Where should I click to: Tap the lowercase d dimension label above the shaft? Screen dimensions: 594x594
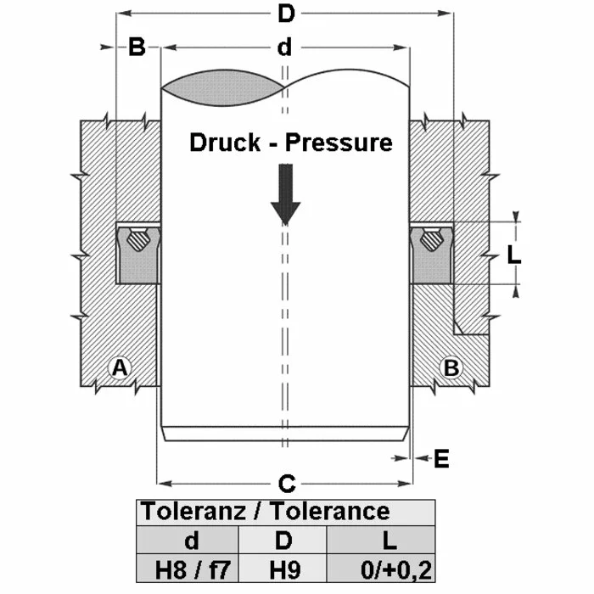tap(284, 48)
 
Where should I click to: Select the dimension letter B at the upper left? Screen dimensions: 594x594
tap(137, 48)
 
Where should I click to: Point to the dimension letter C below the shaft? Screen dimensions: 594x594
tap(286, 485)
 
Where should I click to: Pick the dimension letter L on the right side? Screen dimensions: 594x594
tap(512, 253)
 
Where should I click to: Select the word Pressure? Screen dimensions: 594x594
tap(339, 142)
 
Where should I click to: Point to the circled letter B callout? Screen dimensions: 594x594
tap(451, 367)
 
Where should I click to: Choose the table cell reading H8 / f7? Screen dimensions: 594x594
tap(188, 568)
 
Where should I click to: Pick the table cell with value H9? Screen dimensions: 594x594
tap(284, 568)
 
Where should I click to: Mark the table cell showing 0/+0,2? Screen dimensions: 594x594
tap(383, 568)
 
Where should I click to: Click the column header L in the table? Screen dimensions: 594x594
tap(383, 540)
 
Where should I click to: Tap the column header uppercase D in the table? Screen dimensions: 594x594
tap(284, 540)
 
